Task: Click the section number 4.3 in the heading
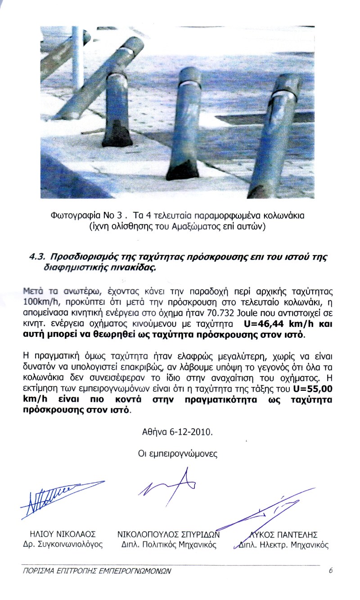click(36, 257)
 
